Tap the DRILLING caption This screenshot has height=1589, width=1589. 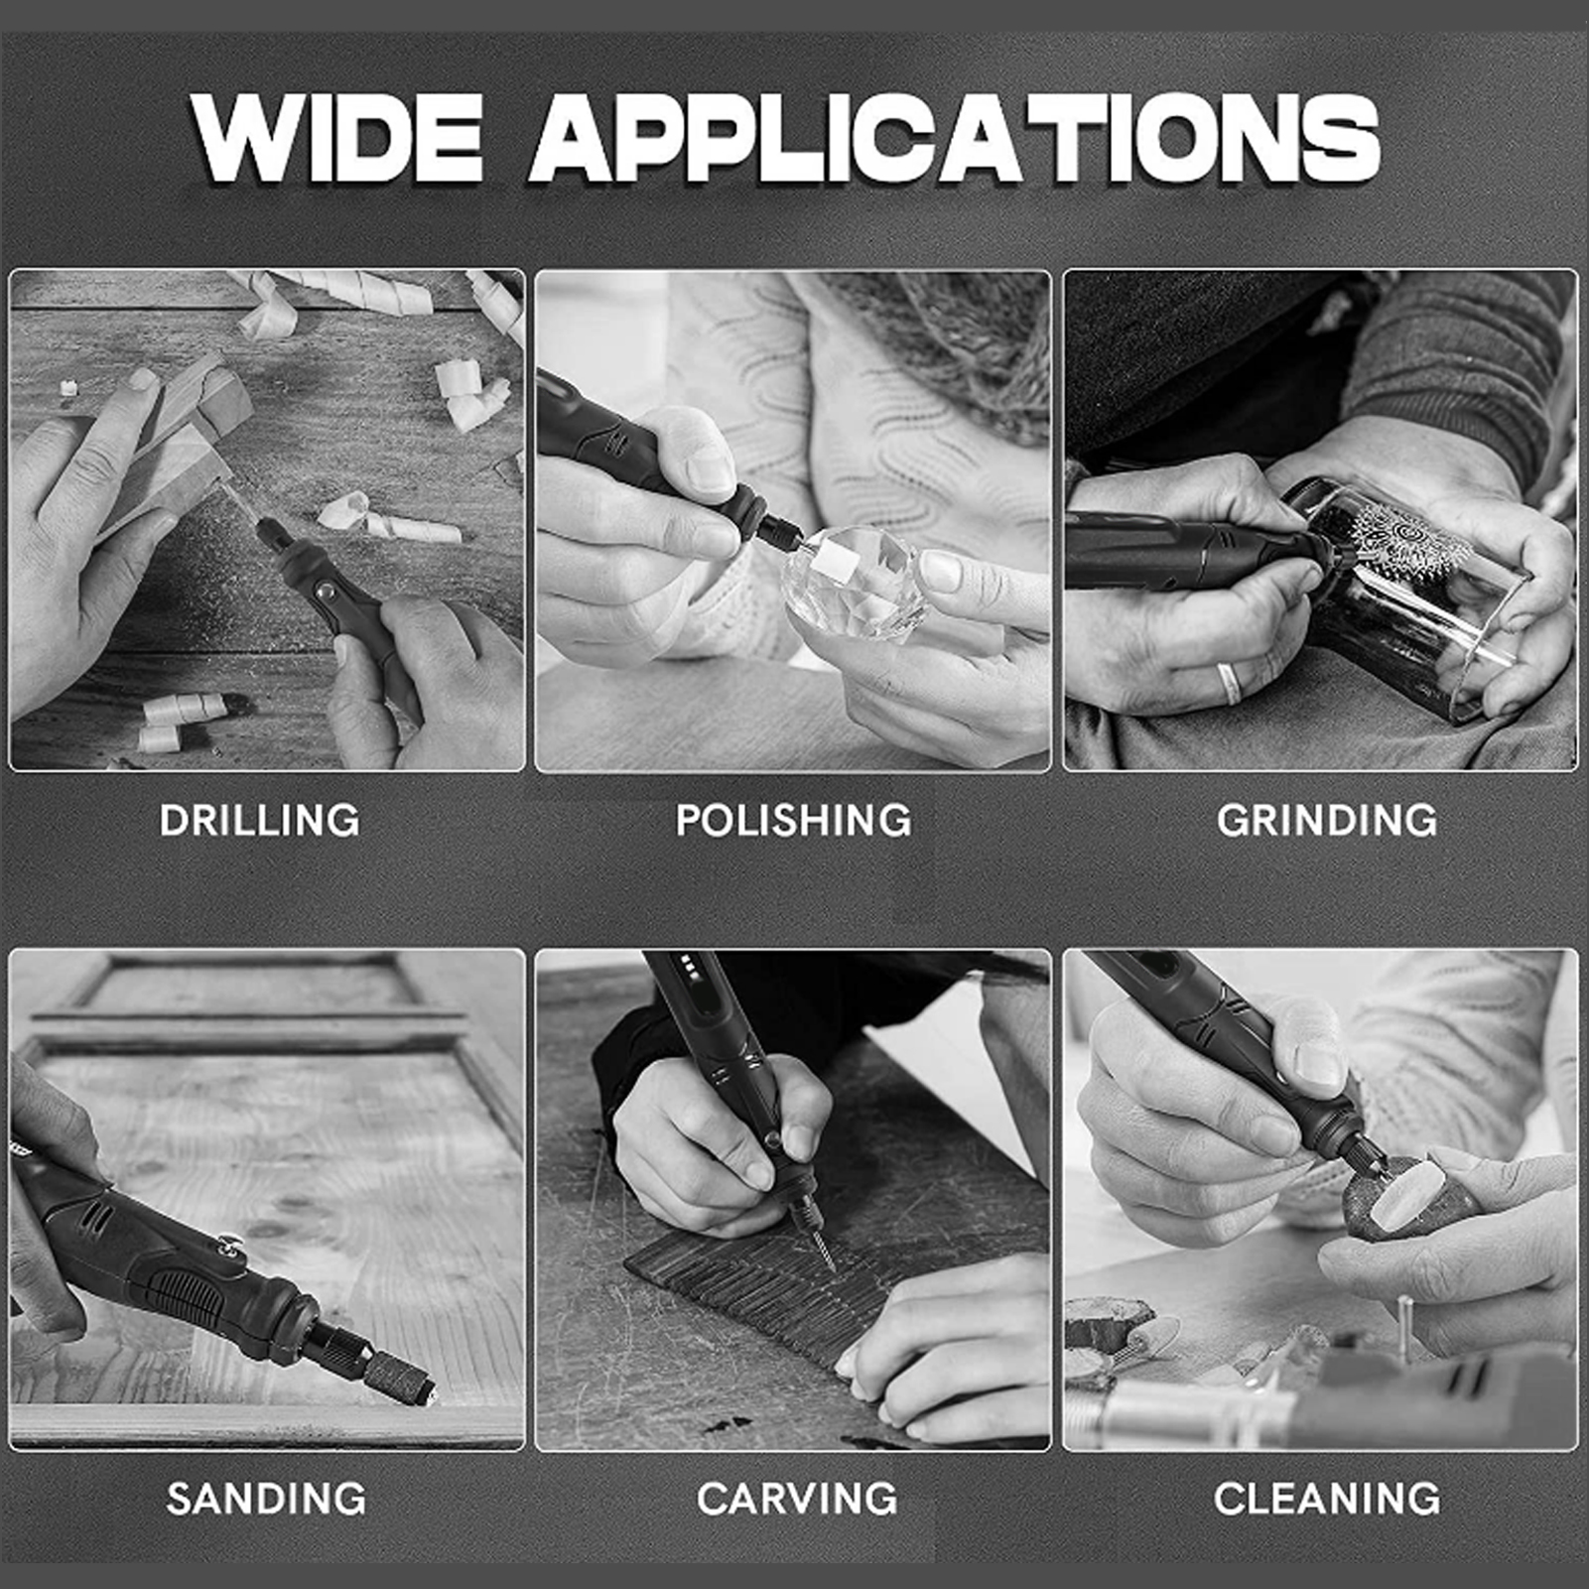coord(260,820)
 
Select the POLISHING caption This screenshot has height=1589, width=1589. coord(793,820)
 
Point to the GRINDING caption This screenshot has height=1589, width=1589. coord(1327,820)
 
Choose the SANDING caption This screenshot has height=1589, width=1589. coord(266,1498)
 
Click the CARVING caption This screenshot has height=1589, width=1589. coord(797,1498)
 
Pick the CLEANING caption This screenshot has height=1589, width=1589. coord(1327,1498)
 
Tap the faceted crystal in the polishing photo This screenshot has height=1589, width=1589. coord(856,586)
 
